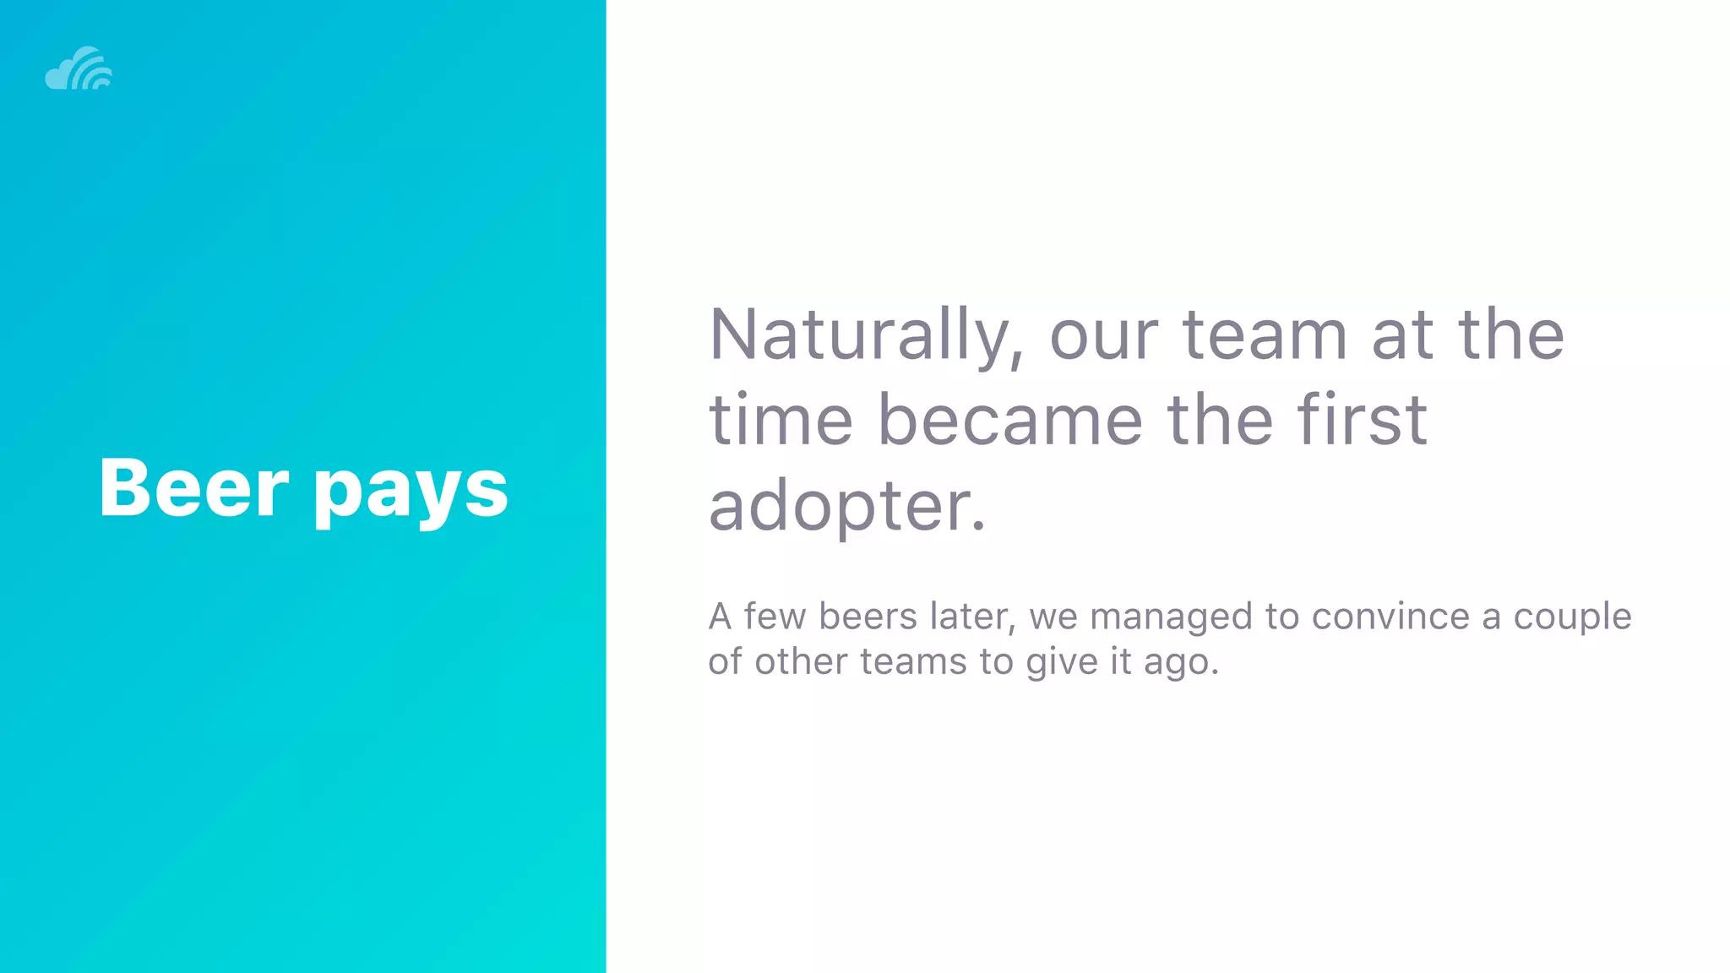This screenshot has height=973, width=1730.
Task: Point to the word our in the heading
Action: [x=1103, y=336]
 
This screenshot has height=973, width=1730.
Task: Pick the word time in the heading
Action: [x=781, y=420]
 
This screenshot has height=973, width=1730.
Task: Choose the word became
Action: [x=1010, y=420]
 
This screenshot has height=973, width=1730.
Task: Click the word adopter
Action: [x=847, y=507]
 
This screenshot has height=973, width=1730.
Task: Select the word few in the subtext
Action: [x=775, y=616]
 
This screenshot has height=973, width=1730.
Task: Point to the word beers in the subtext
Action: [x=868, y=616]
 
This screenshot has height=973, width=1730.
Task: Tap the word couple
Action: [x=1572, y=617]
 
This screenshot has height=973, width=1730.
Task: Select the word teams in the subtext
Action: [x=913, y=661]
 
